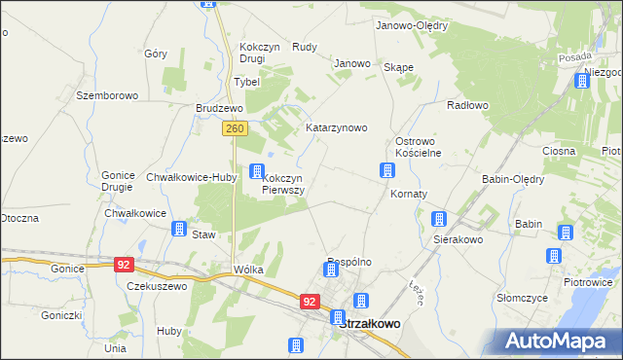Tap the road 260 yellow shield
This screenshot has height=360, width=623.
pos(234,127)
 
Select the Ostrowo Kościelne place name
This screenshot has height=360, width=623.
pos(418,147)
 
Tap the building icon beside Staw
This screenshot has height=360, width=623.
pos(179,229)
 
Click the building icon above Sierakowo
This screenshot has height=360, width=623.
pos(439,219)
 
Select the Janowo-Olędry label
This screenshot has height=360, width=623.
pos(411,26)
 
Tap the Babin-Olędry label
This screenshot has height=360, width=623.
pos(513,179)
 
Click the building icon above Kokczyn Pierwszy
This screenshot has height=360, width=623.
pos(257,172)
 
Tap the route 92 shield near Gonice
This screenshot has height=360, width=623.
pos(123,264)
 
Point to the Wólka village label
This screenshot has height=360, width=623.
pos(248,270)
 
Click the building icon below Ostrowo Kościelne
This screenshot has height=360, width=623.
pos(386,171)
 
